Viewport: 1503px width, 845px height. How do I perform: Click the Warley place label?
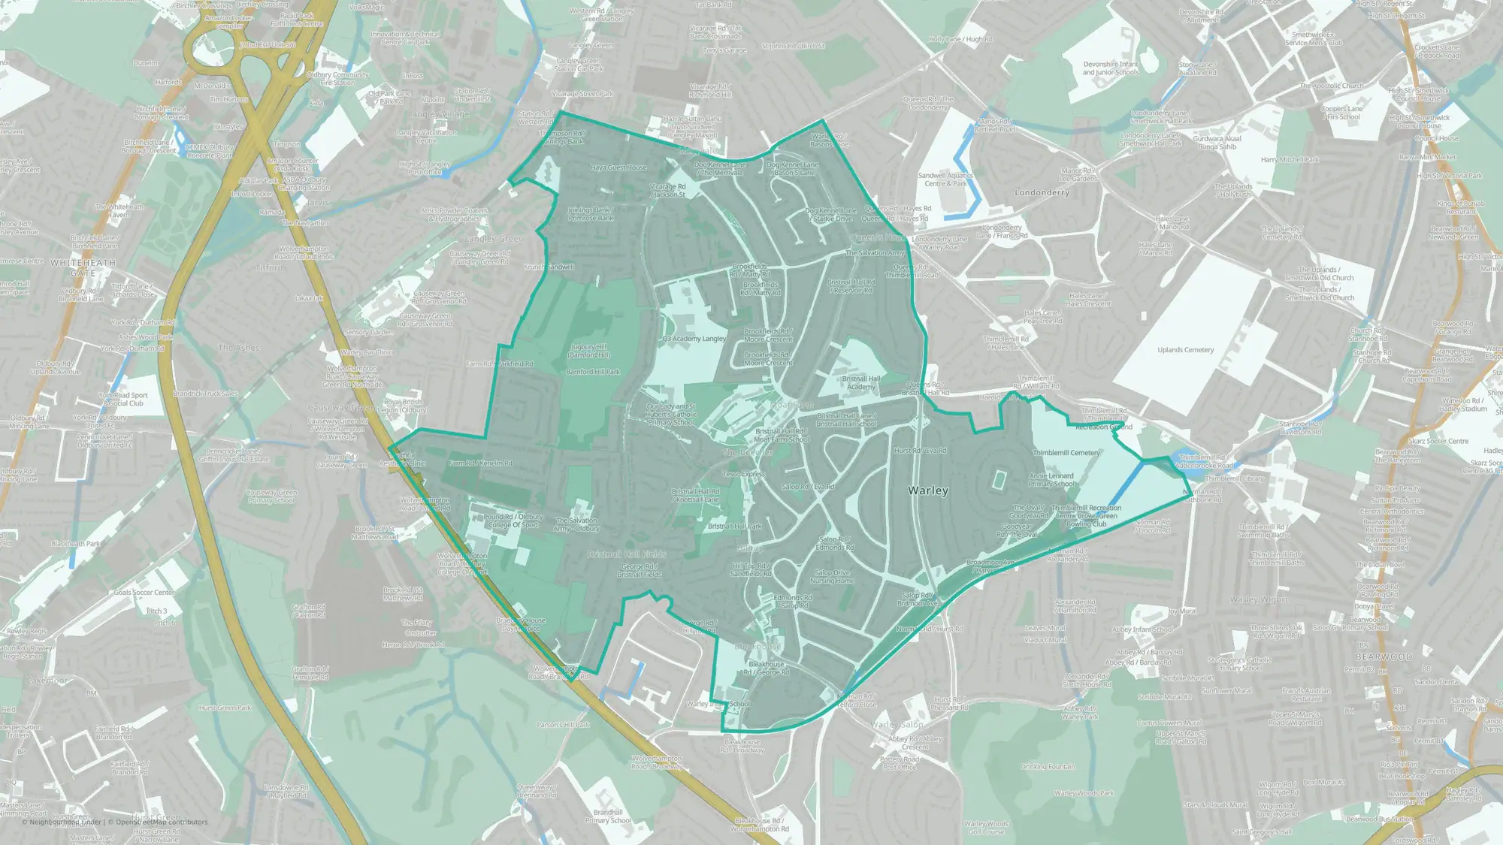coord(928,490)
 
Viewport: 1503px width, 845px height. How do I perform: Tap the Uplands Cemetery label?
coord(1185,350)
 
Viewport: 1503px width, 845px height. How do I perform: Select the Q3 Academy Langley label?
coord(694,339)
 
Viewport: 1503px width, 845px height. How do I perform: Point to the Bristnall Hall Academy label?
coord(861,382)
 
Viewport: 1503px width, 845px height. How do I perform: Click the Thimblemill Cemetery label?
coord(1066,453)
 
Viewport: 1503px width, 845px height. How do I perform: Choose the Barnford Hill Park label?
coord(593,372)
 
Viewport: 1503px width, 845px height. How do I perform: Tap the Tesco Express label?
coord(743,474)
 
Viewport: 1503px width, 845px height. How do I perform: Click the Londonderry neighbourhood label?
coord(1042,193)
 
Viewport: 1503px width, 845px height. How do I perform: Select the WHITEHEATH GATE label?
coord(83,268)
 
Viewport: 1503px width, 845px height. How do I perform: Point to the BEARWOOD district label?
coord(1384,656)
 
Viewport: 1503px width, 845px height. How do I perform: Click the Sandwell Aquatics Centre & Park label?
coord(945,180)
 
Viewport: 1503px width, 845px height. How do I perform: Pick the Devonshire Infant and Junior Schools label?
coord(1110,68)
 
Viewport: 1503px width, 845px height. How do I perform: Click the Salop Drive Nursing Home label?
coord(833,576)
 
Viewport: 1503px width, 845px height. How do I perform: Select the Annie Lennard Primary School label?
coord(1051,480)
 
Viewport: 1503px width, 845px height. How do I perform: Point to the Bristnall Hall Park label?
coord(734,527)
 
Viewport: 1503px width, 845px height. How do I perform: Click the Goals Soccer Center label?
coord(144,593)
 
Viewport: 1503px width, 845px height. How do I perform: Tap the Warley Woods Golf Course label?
coord(986,828)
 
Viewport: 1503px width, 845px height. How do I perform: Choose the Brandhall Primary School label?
coord(607,816)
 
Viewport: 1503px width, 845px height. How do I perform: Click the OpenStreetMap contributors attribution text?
coord(161,822)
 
